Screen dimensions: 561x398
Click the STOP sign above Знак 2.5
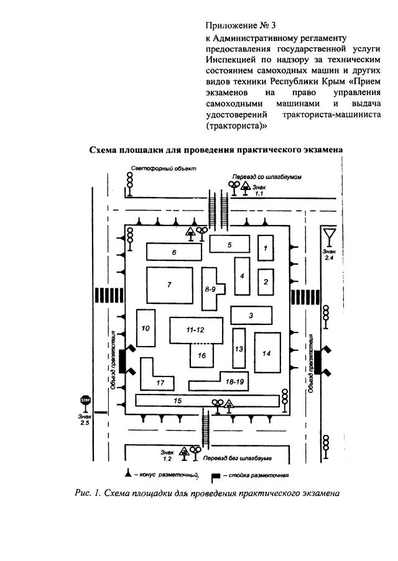click(86, 401)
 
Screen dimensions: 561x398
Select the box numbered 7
click(169, 285)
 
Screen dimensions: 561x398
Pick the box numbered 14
click(267, 353)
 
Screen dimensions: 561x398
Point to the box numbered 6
click(174, 252)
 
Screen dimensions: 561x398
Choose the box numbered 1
click(266, 248)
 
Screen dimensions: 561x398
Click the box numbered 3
click(250, 316)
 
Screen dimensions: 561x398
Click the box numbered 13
click(239, 349)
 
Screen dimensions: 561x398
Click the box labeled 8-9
click(211, 289)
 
